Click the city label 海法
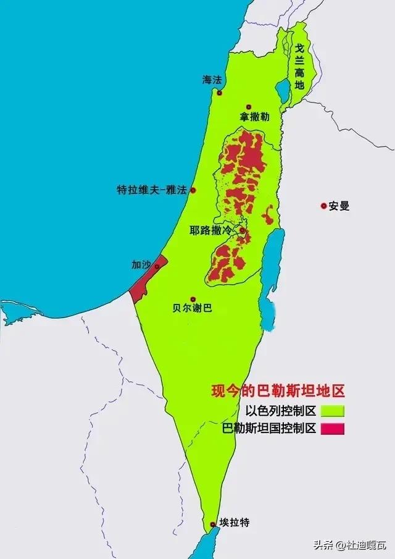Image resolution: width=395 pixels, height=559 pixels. [x=211, y=80]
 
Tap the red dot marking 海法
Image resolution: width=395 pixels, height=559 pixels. [x=219, y=93]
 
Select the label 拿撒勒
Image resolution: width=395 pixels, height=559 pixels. [x=253, y=117]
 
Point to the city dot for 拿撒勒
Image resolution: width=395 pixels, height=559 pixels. [x=249, y=107]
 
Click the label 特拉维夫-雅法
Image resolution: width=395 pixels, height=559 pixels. [x=151, y=190]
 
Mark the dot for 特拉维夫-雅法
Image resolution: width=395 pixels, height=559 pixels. [x=193, y=190]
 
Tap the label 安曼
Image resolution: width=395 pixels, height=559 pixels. [x=339, y=206]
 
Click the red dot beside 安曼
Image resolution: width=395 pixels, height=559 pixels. [x=323, y=206]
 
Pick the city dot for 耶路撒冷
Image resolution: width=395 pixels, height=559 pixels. [x=243, y=232]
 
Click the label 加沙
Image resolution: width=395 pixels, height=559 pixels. [x=141, y=264]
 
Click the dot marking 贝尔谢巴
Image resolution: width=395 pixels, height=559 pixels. [x=193, y=299]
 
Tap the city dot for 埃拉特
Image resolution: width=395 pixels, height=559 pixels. [x=213, y=524]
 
